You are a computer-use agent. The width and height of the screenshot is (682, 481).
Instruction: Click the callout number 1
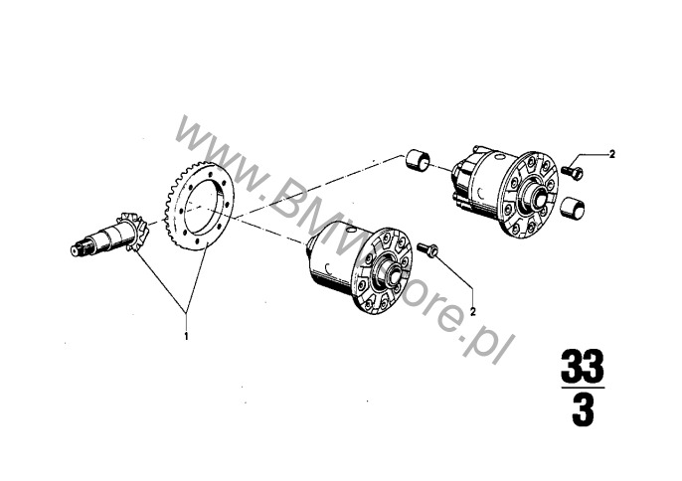click(x=187, y=336)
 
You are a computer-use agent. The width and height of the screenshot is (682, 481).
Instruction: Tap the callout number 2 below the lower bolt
click(x=473, y=311)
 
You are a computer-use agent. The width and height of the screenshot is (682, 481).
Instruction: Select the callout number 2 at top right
click(x=612, y=154)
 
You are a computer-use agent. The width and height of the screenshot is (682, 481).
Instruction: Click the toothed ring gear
click(x=200, y=206)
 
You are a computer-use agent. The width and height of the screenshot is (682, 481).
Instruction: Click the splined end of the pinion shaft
click(x=80, y=247)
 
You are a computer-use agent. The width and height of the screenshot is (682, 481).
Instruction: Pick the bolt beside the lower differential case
click(x=427, y=249)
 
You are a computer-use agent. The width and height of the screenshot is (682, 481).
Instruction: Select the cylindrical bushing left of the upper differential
click(x=418, y=160)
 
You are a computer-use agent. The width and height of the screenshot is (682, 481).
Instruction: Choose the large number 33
click(x=583, y=365)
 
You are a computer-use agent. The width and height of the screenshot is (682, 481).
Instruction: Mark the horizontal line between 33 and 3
click(x=583, y=387)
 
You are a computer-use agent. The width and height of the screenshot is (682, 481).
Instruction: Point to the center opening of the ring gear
click(x=203, y=206)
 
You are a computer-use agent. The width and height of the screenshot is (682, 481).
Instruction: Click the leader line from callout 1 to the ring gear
click(x=196, y=280)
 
